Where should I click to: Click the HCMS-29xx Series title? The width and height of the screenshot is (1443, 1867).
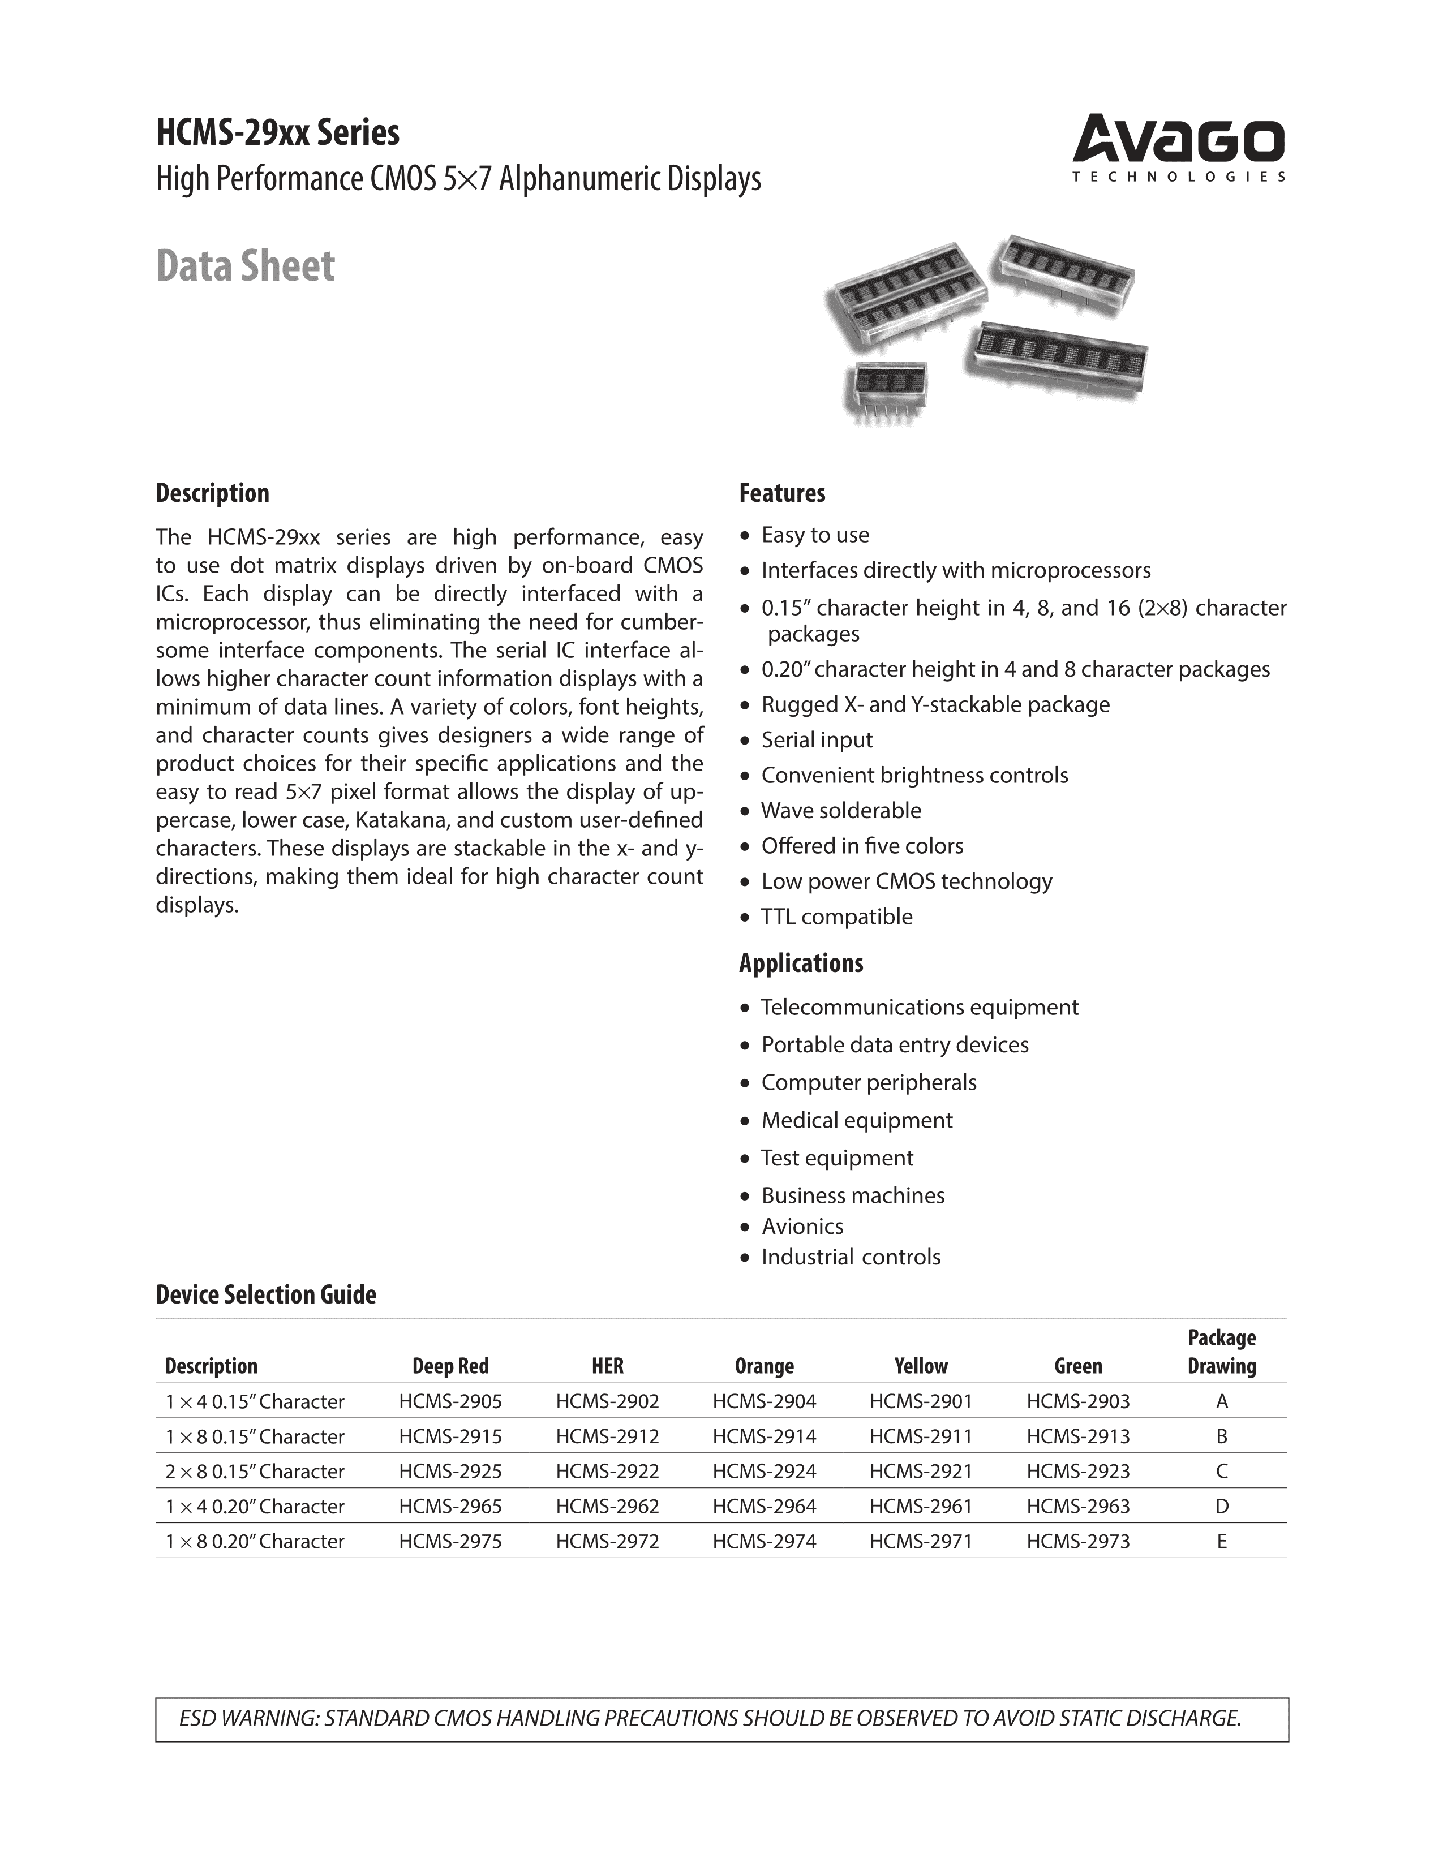(x=277, y=134)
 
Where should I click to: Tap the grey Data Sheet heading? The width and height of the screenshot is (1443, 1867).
(x=246, y=266)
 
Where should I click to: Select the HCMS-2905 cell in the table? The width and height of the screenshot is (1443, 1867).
(x=450, y=1402)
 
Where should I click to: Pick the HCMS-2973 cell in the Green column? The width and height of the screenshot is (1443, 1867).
(x=1078, y=1541)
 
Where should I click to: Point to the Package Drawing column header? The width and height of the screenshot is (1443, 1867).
(x=1222, y=1352)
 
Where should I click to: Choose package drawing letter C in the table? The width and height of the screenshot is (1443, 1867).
(x=1222, y=1471)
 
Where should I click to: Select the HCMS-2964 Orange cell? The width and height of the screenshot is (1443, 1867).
(x=765, y=1506)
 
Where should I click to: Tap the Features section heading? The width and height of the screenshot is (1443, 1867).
(x=782, y=493)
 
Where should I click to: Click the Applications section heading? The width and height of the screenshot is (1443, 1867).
(x=801, y=963)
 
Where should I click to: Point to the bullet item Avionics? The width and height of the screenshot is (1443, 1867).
(x=802, y=1227)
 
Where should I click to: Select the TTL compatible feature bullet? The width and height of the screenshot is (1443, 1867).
(x=836, y=917)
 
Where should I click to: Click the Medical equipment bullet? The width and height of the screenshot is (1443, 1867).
(x=857, y=1120)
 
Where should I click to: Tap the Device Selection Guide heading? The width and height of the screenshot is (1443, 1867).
(x=266, y=1294)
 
